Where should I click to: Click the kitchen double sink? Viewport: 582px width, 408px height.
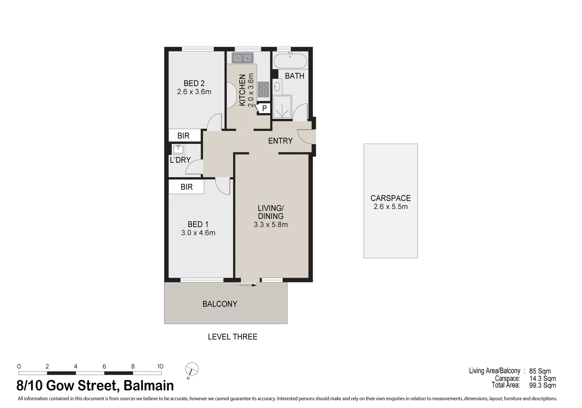242,58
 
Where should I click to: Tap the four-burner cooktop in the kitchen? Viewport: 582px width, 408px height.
263,89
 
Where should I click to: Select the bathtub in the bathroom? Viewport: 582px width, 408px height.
290,60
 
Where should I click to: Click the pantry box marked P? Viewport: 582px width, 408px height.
264,109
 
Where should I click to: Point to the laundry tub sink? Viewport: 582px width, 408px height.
178,149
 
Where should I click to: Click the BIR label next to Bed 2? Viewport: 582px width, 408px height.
183,136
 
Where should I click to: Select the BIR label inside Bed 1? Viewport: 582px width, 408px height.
186,187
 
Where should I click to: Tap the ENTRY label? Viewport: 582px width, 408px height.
280,141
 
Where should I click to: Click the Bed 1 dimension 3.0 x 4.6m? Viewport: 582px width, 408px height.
198,233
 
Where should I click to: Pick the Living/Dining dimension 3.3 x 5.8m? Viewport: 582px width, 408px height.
271,225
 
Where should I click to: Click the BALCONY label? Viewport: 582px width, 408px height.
220,304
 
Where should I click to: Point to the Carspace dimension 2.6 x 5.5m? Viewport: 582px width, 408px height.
390,207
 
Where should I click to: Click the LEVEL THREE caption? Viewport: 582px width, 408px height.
232,337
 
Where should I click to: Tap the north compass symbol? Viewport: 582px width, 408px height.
192,369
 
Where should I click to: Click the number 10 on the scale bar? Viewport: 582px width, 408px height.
160,366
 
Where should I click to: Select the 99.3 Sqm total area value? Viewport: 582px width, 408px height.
542,385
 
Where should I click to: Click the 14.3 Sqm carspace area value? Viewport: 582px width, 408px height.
542,379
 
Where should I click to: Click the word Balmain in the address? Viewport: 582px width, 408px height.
149,386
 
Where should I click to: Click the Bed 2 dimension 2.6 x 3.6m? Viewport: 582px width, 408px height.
194,92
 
